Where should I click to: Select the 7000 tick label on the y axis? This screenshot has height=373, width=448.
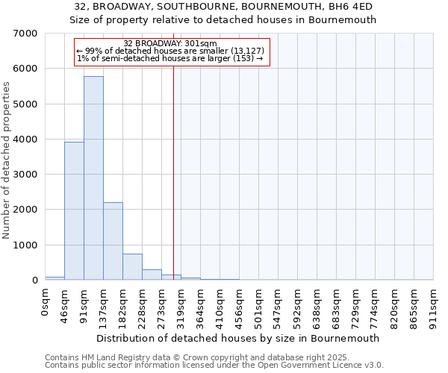[25, 34]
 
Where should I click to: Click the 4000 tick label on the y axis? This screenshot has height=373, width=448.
[25, 140]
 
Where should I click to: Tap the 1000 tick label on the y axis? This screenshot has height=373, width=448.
[25, 245]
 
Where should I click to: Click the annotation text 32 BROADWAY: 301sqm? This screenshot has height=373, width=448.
[170, 43]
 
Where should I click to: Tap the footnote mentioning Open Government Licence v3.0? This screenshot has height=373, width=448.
[214, 366]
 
